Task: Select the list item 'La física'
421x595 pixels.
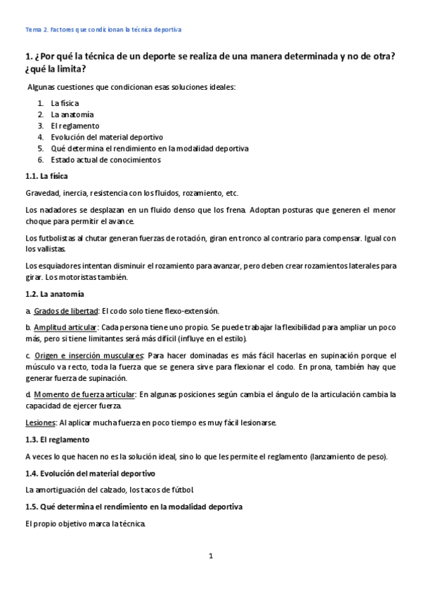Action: click(x=65, y=103)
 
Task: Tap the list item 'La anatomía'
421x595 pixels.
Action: click(x=72, y=114)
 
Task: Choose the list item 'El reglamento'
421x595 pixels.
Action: click(x=75, y=126)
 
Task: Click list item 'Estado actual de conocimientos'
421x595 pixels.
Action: click(x=105, y=159)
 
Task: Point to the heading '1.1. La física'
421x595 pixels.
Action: click(x=46, y=175)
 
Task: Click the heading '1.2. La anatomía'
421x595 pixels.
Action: click(x=54, y=293)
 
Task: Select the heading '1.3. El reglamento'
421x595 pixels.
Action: click(x=57, y=439)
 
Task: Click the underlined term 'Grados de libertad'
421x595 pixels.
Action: click(x=66, y=311)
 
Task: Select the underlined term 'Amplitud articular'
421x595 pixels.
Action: click(x=65, y=327)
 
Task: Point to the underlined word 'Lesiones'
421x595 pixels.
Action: click(x=40, y=422)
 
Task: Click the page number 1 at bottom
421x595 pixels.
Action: click(x=210, y=556)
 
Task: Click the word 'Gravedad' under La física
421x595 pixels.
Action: click(x=42, y=193)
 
